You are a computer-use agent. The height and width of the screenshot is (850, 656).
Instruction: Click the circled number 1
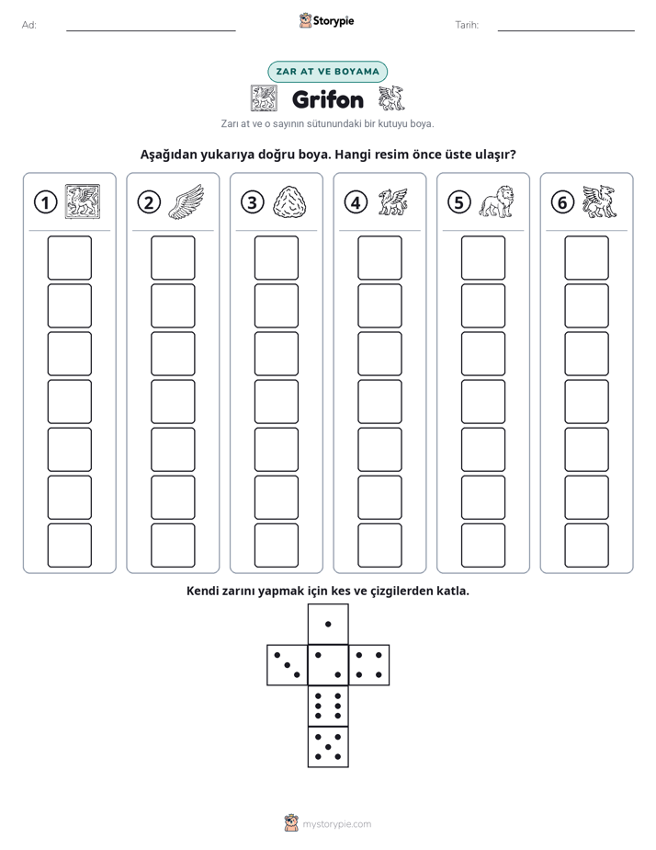(x=45, y=202)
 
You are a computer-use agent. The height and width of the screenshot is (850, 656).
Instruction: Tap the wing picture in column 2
(x=187, y=201)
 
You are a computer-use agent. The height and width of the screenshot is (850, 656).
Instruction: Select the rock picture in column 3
(x=290, y=202)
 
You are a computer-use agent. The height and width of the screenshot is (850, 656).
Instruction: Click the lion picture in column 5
(x=497, y=201)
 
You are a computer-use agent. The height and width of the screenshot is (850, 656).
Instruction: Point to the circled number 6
(x=562, y=202)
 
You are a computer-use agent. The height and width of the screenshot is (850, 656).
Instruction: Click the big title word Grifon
(x=328, y=99)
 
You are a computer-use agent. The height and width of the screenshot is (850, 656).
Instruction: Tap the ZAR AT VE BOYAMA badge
(x=327, y=72)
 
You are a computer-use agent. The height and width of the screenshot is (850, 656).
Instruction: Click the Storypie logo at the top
(x=327, y=21)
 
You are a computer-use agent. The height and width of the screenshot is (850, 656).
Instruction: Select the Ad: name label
(x=29, y=25)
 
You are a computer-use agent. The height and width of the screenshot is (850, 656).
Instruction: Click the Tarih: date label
(x=467, y=25)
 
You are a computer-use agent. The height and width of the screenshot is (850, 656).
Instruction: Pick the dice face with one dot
(x=328, y=624)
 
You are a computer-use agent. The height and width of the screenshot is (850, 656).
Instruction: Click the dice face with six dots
(x=328, y=706)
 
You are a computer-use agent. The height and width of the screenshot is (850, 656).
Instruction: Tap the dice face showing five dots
(x=328, y=747)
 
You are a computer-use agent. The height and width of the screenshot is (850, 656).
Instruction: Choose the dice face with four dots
(x=369, y=665)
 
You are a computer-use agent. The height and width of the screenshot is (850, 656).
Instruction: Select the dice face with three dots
(x=288, y=665)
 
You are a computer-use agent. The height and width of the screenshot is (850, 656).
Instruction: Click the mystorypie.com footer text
(x=336, y=824)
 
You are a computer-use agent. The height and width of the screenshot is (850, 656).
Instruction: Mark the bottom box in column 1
(x=69, y=546)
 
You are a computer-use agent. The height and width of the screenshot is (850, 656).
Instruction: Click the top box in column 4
(x=379, y=258)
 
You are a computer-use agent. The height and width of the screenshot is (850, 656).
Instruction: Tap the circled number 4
(x=356, y=202)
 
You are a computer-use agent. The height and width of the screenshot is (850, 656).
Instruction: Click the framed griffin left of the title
(x=264, y=98)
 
